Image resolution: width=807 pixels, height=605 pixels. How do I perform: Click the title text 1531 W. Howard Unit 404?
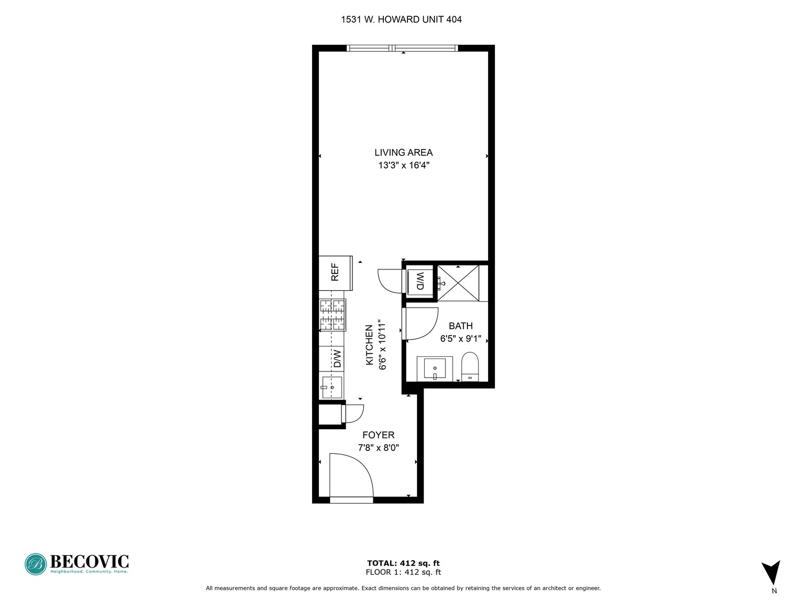coord(401,20)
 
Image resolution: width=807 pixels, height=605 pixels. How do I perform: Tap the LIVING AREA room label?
coord(403,152)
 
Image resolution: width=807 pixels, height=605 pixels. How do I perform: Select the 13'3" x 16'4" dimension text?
coord(403,165)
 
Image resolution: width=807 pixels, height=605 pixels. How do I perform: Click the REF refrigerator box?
coord(335,273)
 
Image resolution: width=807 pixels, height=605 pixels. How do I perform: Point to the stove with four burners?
coord(332,315)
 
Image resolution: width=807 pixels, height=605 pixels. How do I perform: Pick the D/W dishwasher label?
coord(337,359)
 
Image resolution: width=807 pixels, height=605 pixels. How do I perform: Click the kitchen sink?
coord(331,387)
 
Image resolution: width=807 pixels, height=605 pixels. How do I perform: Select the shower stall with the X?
coord(458,283)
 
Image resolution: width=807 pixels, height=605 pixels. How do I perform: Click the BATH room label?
coord(461,326)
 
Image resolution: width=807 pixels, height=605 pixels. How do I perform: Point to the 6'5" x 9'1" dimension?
coord(461,339)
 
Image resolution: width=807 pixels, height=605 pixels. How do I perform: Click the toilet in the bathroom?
coord(470,366)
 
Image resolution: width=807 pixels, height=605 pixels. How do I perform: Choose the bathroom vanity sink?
coord(434,369)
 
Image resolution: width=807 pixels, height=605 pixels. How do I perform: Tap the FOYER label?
coord(378,435)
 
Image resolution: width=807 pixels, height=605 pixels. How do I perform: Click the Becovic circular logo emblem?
coord(35,564)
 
